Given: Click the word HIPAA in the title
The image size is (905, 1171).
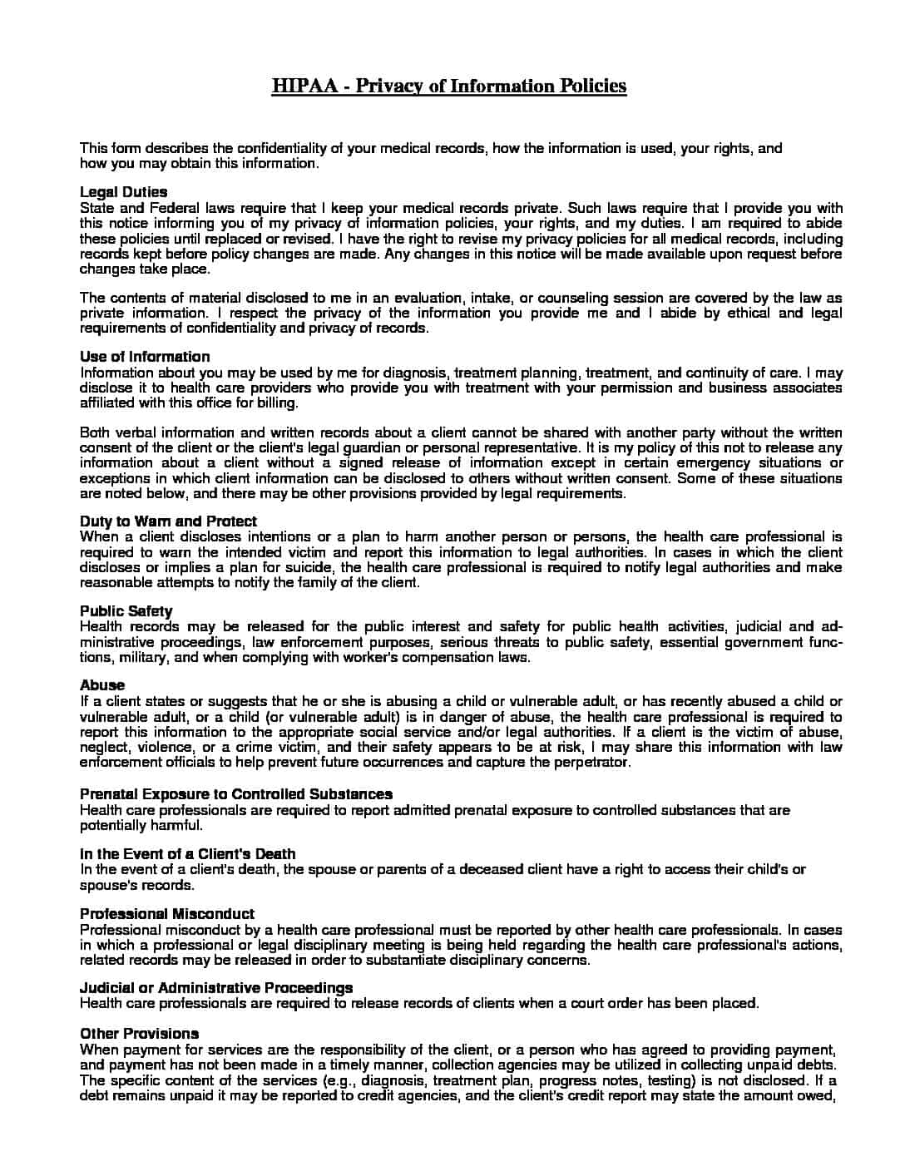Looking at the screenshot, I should [304, 86].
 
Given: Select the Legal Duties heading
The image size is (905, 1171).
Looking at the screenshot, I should [123, 192].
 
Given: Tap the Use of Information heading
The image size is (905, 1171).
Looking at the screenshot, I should [145, 357].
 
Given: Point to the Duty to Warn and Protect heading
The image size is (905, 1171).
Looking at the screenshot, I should [168, 521].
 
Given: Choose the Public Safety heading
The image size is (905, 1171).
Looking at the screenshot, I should [126, 611].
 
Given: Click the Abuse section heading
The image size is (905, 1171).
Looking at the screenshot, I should [102, 685].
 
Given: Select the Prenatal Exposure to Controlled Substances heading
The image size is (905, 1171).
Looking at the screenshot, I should [236, 794].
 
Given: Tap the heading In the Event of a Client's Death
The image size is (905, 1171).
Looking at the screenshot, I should [187, 854].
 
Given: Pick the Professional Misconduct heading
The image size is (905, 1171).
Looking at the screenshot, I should [167, 914].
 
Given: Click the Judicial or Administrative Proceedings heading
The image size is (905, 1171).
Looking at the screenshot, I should [216, 988].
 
